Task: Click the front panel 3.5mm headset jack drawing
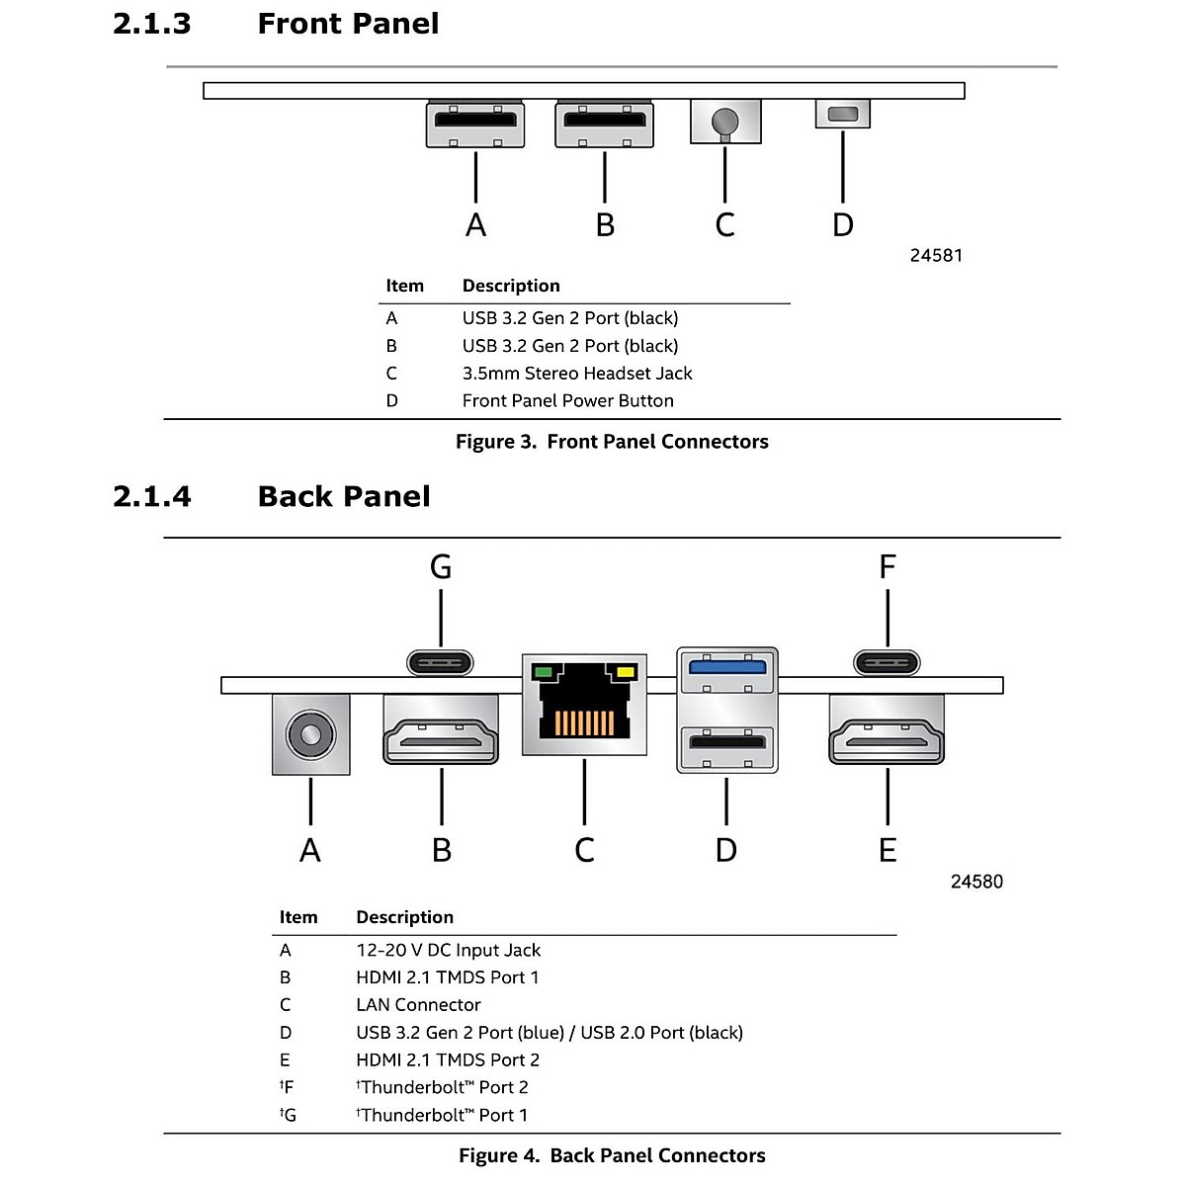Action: point(725,122)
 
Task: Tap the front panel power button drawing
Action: point(842,114)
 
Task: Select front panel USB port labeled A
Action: point(475,125)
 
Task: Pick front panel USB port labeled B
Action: point(604,125)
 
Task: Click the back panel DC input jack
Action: point(310,735)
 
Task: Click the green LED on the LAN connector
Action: point(542,673)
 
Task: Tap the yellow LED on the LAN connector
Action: point(625,673)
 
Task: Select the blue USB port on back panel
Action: point(726,666)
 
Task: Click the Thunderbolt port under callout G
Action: point(440,661)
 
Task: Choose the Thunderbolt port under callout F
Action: point(887,661)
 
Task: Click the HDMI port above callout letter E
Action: point(887,730)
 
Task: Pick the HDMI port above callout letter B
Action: point(441,730)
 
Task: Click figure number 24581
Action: point(936,255)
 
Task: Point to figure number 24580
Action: point(976,882)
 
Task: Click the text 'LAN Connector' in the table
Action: point(418,1005)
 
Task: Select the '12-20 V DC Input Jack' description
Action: point(448,950)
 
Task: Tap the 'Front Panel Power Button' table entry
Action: point(567,400)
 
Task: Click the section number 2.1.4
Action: point(152,496)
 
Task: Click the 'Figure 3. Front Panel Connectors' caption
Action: point(612,442)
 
